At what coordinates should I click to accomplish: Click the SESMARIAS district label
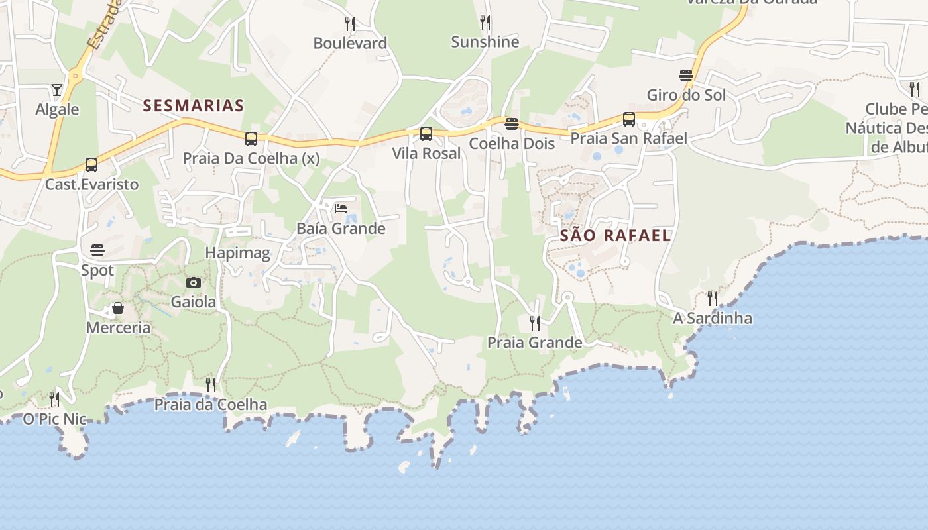click(194, 105)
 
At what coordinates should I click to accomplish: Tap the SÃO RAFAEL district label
click(616, 235)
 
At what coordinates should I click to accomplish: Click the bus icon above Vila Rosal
click(426, 134)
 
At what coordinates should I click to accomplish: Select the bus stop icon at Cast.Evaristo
click(91, 165)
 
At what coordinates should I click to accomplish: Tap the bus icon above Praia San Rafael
click(628, 119)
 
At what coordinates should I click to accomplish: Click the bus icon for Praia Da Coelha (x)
click(251, 139)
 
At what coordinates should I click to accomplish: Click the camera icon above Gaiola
click(194, 283)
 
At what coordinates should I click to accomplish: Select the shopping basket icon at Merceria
click(118, 308)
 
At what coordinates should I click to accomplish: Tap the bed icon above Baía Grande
click(341, 209)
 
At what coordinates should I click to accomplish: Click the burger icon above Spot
click(97, 250)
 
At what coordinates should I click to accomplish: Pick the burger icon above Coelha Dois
click(511, 124)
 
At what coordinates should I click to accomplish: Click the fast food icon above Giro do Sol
click(686, 76)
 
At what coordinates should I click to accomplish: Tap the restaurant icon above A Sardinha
click(713, 298)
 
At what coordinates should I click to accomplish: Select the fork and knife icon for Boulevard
click(350, 24)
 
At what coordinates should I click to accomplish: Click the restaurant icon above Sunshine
click(485, 23)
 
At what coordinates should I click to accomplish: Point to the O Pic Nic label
click(55, 419)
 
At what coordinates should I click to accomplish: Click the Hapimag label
click(238, 252)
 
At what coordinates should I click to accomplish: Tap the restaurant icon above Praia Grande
click(534, 323)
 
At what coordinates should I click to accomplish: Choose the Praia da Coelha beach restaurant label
click(211, 404)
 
